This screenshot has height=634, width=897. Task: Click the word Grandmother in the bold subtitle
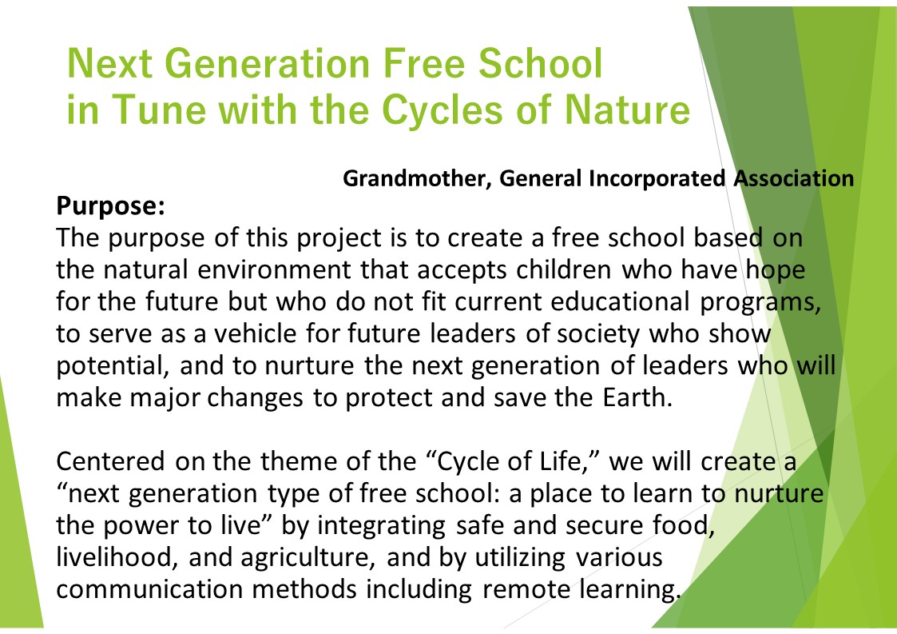[415, 179]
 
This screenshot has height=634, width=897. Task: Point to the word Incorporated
[657, 179]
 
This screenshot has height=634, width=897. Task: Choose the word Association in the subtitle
[794, 178]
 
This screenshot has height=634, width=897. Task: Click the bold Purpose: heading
[110, 206]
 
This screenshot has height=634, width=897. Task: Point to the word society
[597, 334]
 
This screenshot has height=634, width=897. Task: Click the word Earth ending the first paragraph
[637, 397]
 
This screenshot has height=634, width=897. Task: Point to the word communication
[150, 588]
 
